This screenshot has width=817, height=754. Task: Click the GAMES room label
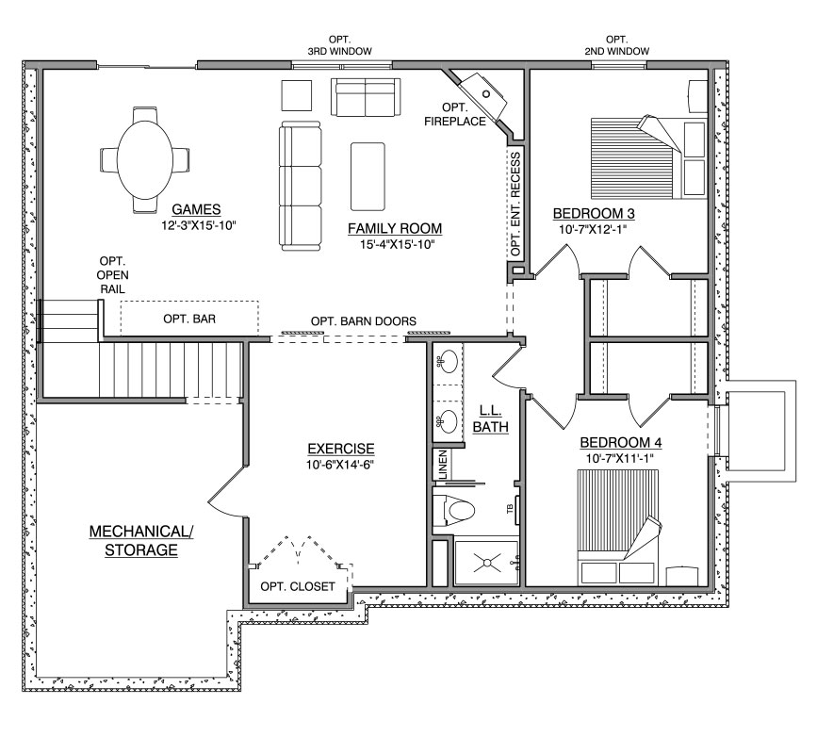tap(196, 209)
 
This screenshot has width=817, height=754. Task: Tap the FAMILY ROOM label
tap(395, 229)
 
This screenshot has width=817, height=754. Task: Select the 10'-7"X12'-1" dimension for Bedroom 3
tap(593, 230)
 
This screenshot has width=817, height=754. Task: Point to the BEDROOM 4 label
tap(621, 443)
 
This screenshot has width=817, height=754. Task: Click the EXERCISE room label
tap(341, 449)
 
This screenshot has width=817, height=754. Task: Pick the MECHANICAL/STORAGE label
tap(141, 541)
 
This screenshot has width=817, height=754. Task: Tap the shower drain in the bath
tap(487, 563)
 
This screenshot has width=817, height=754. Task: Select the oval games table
tap(144, 159)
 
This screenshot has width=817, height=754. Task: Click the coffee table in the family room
tap(368, 176)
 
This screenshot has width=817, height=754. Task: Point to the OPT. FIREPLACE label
tap(455, 115)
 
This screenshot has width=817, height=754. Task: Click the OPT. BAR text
tap(189, 319)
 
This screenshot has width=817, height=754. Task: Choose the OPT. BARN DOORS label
tap(364, 321)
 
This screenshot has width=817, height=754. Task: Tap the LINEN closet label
tap(443, 465)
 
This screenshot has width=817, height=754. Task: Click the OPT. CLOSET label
tap(298, 587)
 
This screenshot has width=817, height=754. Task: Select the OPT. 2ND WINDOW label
tap(617, 45)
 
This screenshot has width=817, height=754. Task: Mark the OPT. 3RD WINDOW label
tap(340, 45)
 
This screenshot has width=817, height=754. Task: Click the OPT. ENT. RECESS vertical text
tap(515, 205)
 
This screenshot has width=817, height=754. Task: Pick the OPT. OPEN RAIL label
tap(112, 275)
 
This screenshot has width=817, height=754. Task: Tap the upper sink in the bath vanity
tap(447, 359)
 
